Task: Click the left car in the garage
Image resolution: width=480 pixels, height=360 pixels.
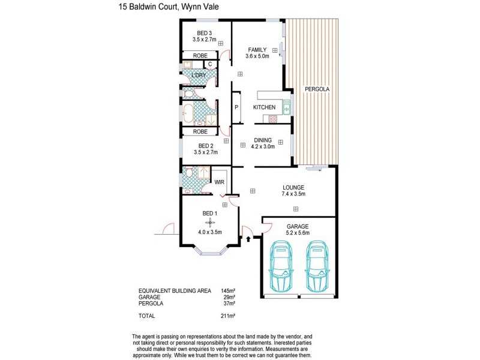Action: coord(280,266)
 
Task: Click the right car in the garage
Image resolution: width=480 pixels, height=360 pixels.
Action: coord(316,266)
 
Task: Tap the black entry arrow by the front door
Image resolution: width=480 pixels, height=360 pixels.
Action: coord(248,239)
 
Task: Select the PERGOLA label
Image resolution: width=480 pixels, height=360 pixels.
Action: coord(316,89)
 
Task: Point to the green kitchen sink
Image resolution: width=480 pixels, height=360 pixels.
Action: coord(286,109)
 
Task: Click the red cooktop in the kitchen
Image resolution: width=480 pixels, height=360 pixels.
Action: coord(273,119)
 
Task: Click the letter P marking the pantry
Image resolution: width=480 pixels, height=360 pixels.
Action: coord(236,107)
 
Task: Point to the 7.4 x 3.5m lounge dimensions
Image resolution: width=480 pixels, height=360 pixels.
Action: coord(293,194)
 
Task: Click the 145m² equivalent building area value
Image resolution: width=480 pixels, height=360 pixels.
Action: coord(226,290)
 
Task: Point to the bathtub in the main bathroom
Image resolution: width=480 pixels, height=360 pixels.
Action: coord(189,112)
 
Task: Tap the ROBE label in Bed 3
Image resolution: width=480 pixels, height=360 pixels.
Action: coord(200,55)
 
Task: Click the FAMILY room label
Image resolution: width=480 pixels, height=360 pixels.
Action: coord(257,50)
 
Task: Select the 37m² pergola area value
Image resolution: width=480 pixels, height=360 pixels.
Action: coord(228,303)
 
